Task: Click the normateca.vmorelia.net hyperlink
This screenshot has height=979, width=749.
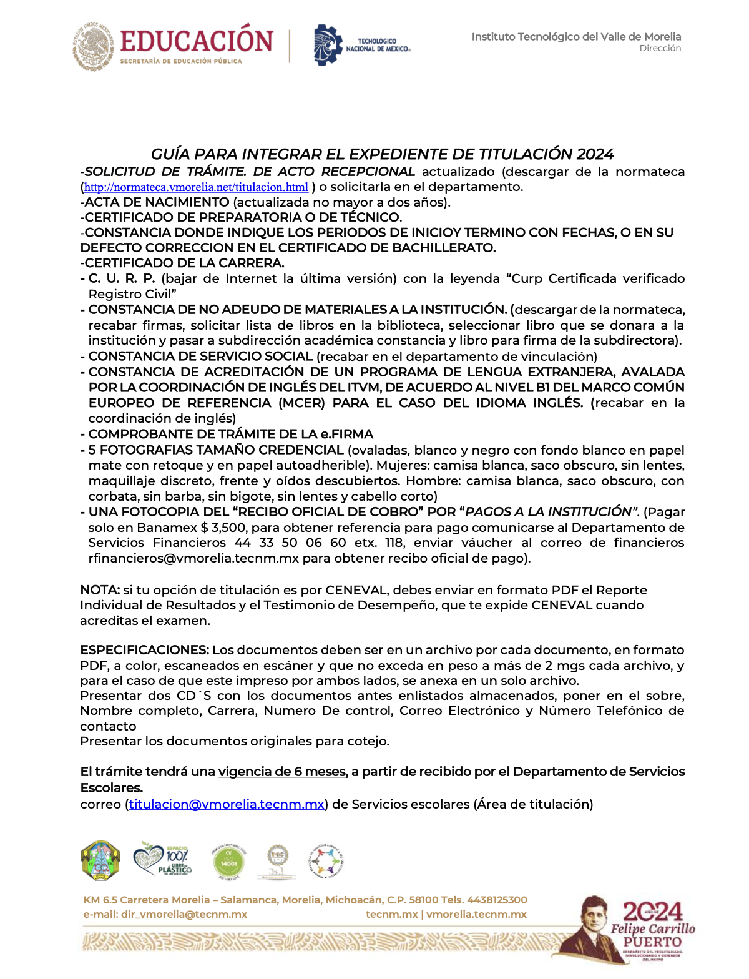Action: [x=196, y=187]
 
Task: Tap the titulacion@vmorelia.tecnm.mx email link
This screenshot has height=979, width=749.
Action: [x=227, y=804]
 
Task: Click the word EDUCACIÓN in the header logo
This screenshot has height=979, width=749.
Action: [x=197, y=41]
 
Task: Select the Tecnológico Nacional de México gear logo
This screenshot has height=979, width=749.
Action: [x=328, y=44]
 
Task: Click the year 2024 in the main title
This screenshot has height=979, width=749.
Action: [x=595, y=154]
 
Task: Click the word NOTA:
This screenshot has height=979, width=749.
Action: [x=100, y=590]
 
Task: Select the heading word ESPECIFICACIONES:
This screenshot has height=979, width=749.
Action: [x=144, y=650]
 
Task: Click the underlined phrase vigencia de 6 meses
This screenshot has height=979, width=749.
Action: [x=282, y=772]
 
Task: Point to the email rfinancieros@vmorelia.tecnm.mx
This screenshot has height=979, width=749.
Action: [x=193, y=558]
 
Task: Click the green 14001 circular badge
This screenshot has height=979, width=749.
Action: [x=229, y=862]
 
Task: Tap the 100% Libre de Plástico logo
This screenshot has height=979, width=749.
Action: [x=163, y=860]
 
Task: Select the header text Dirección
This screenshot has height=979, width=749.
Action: [x=660, y=48]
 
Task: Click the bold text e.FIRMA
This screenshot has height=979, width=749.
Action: [x=347, y=434]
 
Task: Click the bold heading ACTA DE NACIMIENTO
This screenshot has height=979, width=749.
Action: [x=157, y=202]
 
